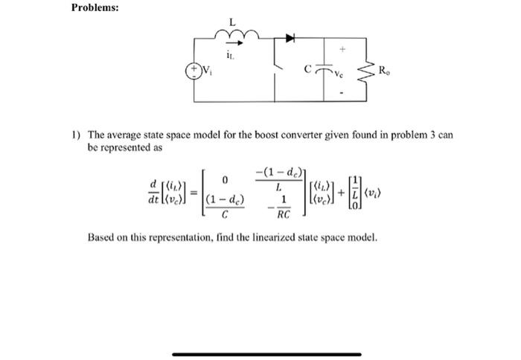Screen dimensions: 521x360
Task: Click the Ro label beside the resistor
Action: pyautogui.click(x=383, y=71)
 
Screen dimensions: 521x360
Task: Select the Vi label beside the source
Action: pyautogui.click(x=209, y=72)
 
